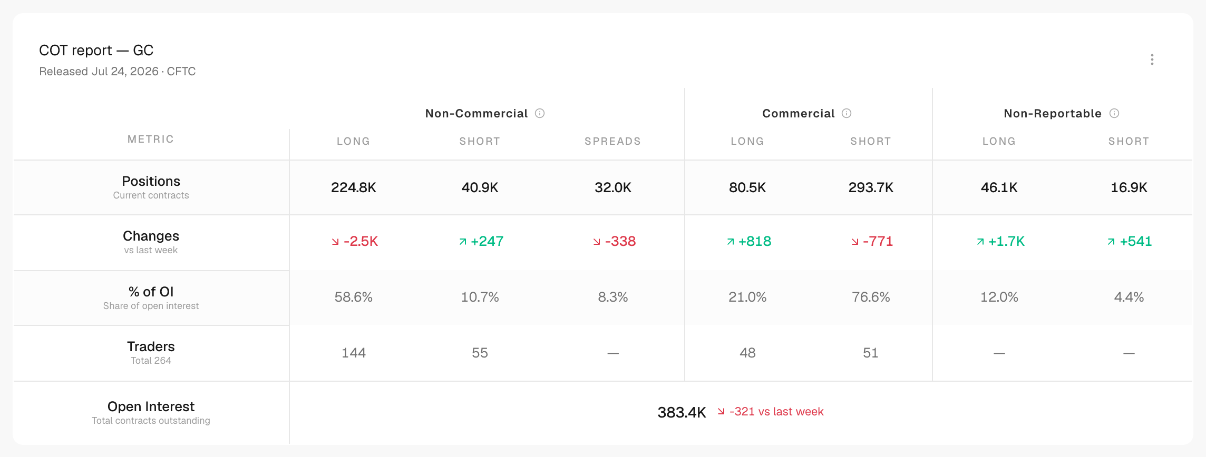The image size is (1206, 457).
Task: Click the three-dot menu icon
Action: (x=1152, y=59)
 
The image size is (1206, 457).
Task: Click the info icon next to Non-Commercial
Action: (x=540, y=113)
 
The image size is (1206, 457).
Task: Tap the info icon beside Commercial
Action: (x=847, y=113)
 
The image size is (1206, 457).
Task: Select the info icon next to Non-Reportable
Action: (x=1114, y=113)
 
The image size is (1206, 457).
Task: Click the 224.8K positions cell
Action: (x=354, y=187)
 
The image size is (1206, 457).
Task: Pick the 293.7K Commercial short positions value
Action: (x=871, y=187)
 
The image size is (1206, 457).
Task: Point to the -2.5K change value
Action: (x=361, y=241)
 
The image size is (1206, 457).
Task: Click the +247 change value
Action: (x=487, y=241)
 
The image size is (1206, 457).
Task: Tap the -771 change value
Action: (x=878, y=241)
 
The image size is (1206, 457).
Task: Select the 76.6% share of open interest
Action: (x=871, y=297)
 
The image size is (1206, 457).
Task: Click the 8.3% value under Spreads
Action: (x=613, y=297)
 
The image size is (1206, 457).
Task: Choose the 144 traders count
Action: (x=354, y=353)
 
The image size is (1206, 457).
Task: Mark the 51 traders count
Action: (x=871, y=353)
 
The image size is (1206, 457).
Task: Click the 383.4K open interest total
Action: (x=682, y=412)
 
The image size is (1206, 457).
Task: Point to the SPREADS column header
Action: (x=613, y=141)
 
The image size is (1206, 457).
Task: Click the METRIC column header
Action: (x=151, y=139)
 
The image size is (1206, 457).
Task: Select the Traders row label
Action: (x=151, y=346)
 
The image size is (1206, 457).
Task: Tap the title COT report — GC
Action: (x=96, y=51)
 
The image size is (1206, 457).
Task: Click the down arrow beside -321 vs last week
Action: (x=721, y=412)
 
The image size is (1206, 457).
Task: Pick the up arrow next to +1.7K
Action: (x=980, y=242)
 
